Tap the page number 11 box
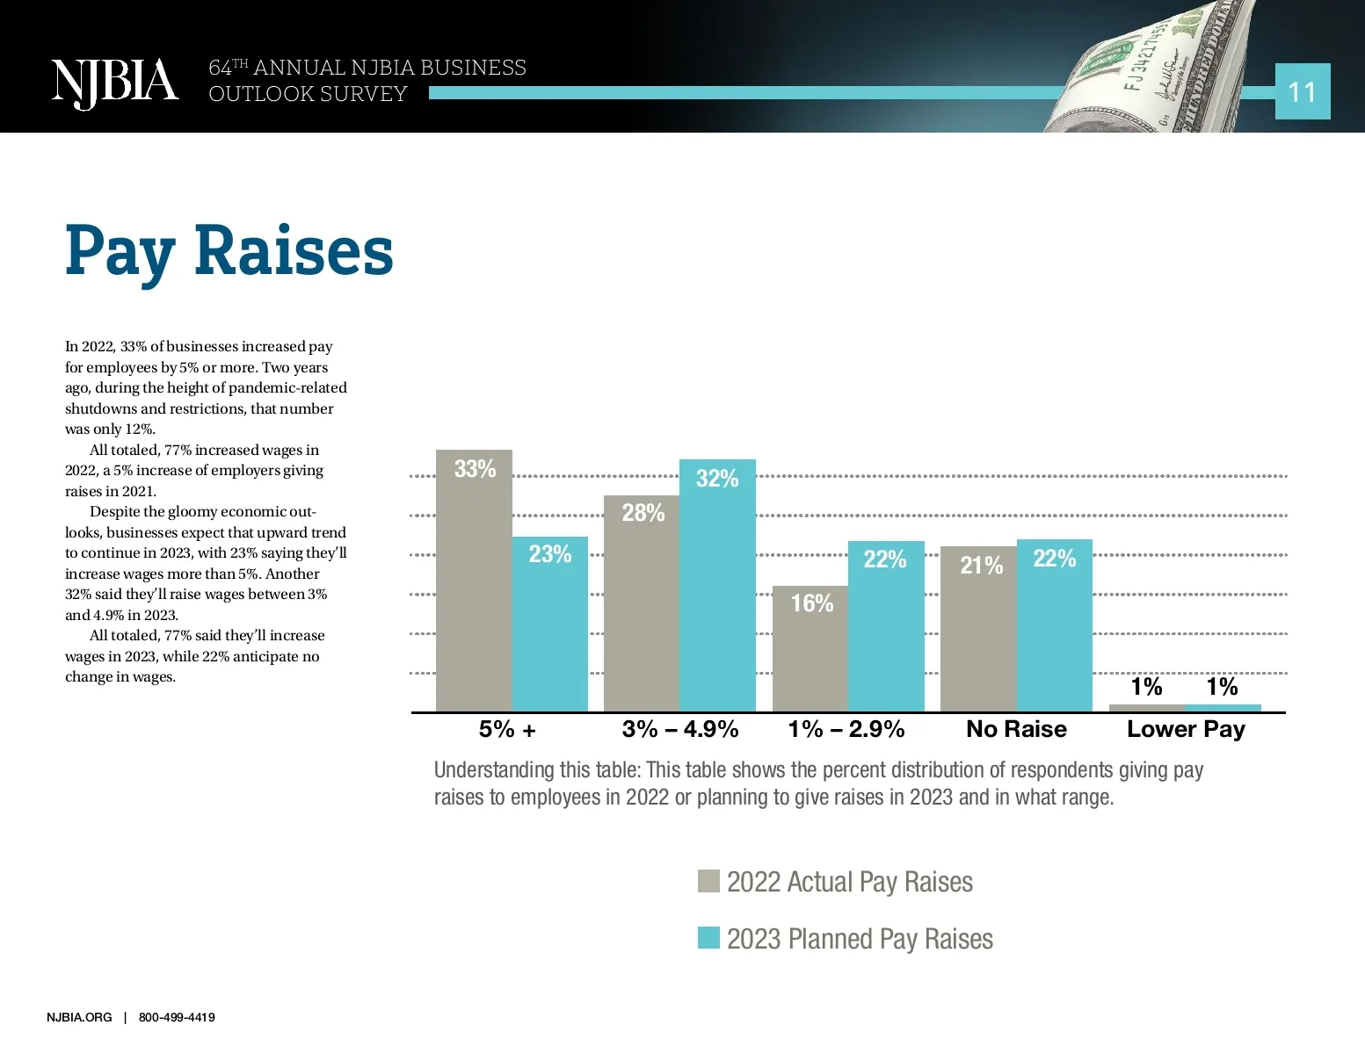(1302, 91)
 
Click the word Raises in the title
(294, 251)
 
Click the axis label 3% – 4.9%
(679, 729)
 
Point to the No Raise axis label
(1016, 729)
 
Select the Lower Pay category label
(1186, 729)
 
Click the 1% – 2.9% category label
(846, 729)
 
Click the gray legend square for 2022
(708, 881)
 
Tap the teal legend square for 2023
(708, 938)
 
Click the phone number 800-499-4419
(177, 1017)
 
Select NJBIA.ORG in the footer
(79, 1017)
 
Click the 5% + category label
(507, 729)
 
